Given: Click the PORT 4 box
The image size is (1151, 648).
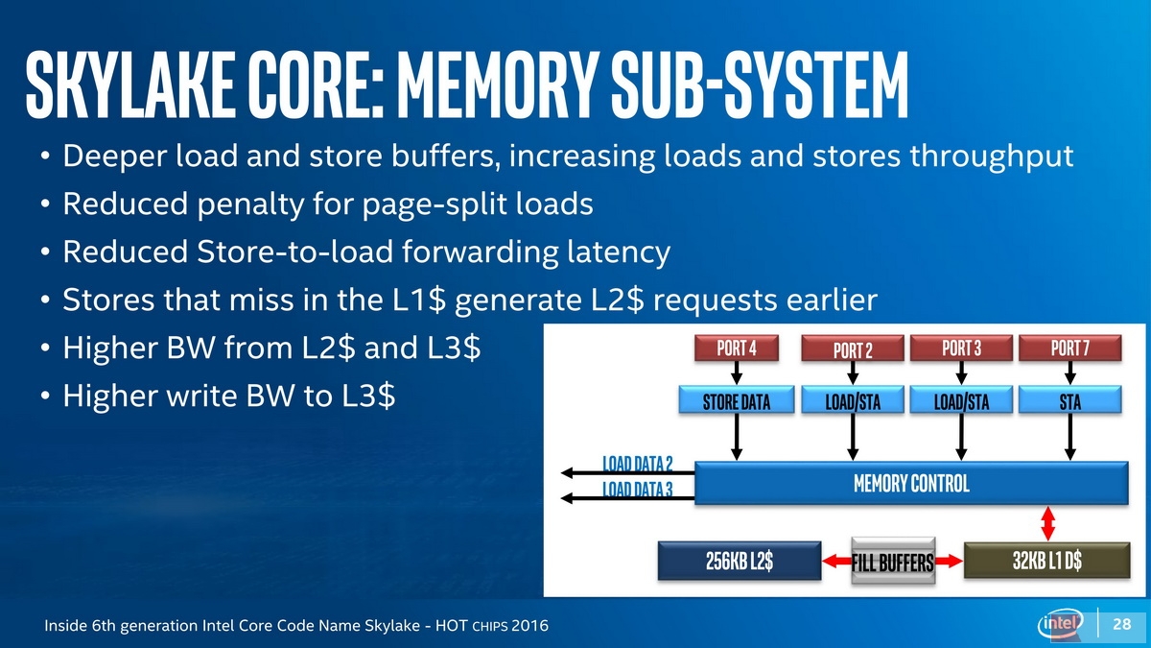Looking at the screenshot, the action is [737, 348].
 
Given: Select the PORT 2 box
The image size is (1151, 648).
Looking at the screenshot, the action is [853, 348].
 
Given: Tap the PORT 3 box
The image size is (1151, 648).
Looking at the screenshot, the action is [961, 348].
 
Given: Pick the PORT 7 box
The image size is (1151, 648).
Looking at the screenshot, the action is [1070, 348].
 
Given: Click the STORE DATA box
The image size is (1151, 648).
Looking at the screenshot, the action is [737, 400].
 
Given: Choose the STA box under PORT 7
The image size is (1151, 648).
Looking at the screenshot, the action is [1070, 400].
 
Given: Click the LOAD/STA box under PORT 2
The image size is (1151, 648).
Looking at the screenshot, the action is [853, 400].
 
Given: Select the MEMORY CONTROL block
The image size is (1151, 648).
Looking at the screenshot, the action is [911, 483].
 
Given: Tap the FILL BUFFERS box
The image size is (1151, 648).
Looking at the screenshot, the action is [893, 561].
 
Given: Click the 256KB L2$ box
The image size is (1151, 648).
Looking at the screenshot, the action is [740, 561].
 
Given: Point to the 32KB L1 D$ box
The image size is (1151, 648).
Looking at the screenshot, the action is [1047, 560].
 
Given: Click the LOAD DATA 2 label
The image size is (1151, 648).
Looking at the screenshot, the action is [637, 464].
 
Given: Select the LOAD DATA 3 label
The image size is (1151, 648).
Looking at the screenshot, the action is [637, 489].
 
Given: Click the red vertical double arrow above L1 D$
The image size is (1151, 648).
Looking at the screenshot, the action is [1047, 523].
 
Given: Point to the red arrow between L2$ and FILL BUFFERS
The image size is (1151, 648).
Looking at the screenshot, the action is [837, 561].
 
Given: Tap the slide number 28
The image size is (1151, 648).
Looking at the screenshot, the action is [1121, 624].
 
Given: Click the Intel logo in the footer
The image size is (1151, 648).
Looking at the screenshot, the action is [1061, 624].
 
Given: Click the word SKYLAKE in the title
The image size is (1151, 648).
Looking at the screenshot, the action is [131, 84].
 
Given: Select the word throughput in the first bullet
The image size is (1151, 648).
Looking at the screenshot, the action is [992, 156].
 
